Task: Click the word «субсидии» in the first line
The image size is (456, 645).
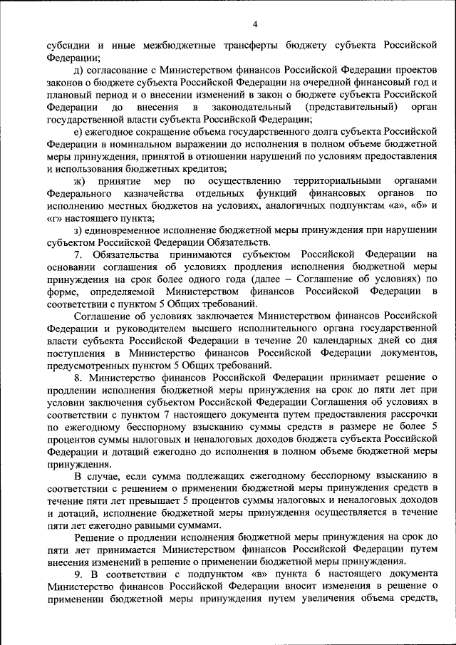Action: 69,45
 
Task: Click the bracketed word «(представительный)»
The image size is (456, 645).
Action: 350,107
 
